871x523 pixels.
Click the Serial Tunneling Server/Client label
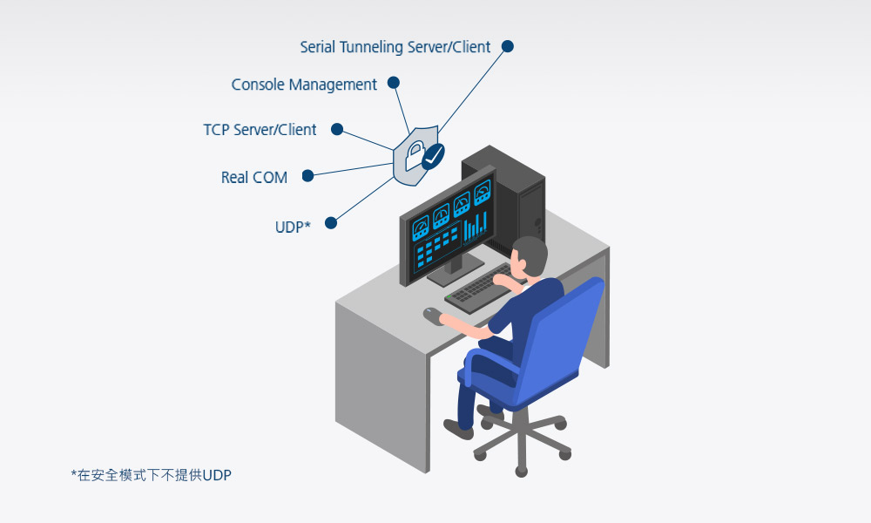tap(395, 47)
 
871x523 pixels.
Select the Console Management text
tap(304, 85)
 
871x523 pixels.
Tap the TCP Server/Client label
tap(260, 130)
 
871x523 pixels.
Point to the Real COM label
tap(253, 177)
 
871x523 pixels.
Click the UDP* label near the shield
tap(293, 228)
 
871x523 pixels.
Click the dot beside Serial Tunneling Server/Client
tap(508, 46)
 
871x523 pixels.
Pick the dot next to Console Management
tap(394, 83)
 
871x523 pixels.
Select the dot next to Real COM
tap(307, 176)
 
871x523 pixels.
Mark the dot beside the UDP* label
tap(331, 223)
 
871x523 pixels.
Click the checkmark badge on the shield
tap(433, 156)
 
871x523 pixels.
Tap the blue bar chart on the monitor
tap(475, 227)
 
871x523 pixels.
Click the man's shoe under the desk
tap(458, 429)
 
